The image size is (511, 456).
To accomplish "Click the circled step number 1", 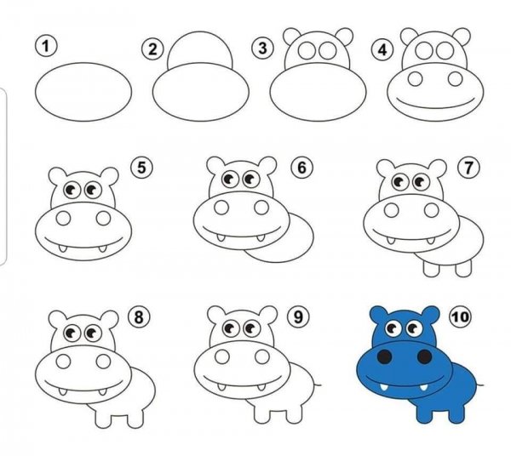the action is pyautogui.click(x=46, y=46).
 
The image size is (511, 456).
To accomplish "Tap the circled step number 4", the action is pyautogui.click(x=382, y=50).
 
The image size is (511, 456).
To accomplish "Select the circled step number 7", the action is pyautogui.click(x=468, y=168).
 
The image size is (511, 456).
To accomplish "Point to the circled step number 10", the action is pyautogui.click(x=460, y=316).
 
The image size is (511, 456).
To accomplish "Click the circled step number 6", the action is pyautogui.click(x=301, y=168).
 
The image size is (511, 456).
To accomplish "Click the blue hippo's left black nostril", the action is pyautogui.click(x=385, y=356).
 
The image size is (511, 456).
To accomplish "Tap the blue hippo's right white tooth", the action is pyautogui.click(x=423, y=387).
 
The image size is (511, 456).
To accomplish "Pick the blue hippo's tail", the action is pyautogui.click(x=479, y=385).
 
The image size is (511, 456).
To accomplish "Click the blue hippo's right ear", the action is pyautogui.click(x=430, y=315).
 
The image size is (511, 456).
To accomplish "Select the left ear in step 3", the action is pyautogui.click(x=291, y=36).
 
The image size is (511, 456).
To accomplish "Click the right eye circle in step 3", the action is pyautogui.click(x=327, y=51).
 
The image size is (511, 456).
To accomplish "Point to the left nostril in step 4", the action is pyautogui.click(x=415, y=79).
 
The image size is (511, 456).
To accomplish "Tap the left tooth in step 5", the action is pyautogui.click(x=62, y=249).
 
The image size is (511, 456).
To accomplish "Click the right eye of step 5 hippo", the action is pyautogui.click(x=93, y=190).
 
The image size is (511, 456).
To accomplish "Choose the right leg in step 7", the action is pyautogui.click(x=463, y=268).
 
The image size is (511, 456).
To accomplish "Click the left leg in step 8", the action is pyautogui.click(x=103, y=419).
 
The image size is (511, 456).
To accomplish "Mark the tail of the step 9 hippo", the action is pyautogui.click(x=318, y=385).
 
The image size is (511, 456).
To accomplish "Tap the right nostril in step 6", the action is pyautogui.click(x=261, y=208).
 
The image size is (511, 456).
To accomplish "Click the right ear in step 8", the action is pyautogui.click(x=109, y=319).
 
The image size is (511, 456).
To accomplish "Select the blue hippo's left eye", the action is pyautogui.click(x=393, y=328).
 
